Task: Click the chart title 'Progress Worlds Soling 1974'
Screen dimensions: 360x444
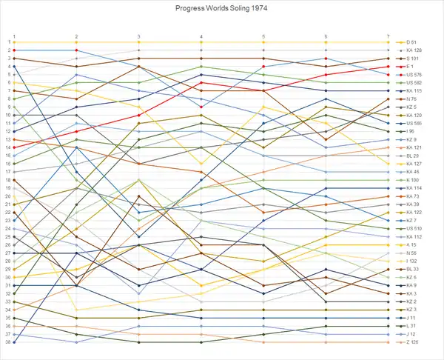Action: [x=221, y=8]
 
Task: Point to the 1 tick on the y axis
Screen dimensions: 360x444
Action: [x=7, y=42]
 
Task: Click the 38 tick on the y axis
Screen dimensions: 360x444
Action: [x=6, y=342]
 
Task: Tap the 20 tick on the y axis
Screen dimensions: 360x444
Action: [x=6, y=196]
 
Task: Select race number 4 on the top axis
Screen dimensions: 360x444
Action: [x=201, y=36]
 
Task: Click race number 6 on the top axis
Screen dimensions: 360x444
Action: [x=326, y=36]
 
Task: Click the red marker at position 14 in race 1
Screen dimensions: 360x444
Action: [x=14, y=147]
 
